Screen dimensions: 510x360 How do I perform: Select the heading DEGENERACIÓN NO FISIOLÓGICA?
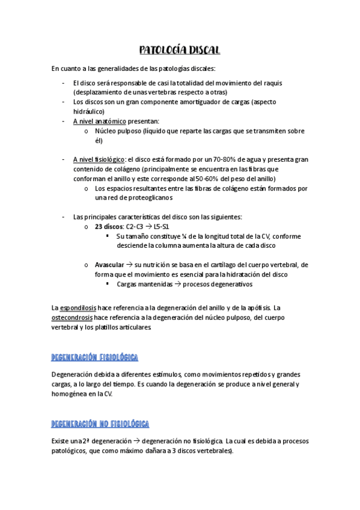coord(100,423)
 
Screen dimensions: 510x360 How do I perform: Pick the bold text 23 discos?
coord(108,227)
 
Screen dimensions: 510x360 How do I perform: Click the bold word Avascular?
coord(109,265)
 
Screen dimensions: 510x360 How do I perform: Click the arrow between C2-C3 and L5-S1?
coord(147,227)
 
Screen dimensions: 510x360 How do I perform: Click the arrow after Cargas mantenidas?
coord(177,284)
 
